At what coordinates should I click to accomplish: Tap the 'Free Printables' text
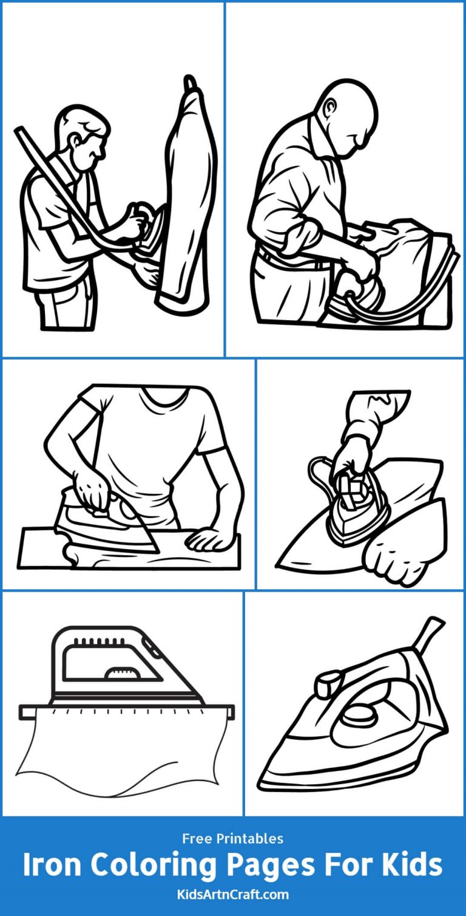click(232, 839)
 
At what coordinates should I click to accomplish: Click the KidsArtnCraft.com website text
click(232, 894)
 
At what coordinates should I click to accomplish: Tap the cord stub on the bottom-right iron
click(434, 631)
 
